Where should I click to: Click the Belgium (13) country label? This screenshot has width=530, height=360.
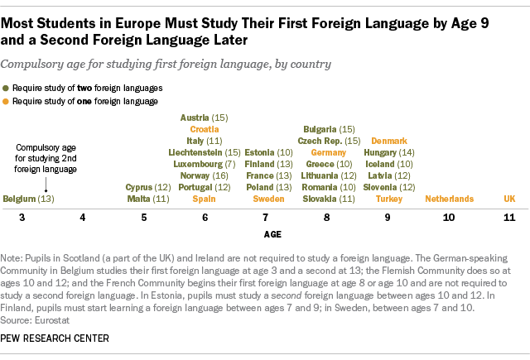29,199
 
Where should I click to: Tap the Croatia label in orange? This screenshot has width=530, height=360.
205,129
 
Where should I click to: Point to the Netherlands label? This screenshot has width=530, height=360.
449,199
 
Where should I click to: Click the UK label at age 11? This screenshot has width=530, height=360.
509,199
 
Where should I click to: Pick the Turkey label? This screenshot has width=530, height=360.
388,199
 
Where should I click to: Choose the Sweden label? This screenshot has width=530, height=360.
268,199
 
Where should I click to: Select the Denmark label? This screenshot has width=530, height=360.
388,141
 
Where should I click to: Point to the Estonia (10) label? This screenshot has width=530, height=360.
268,152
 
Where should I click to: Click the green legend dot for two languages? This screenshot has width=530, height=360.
7,87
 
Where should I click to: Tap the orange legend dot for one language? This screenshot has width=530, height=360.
7,101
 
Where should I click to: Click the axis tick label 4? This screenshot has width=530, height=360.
82,217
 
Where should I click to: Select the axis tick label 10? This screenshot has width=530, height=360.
449,217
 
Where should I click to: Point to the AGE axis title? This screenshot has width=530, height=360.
272,235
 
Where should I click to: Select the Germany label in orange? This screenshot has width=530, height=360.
327,152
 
